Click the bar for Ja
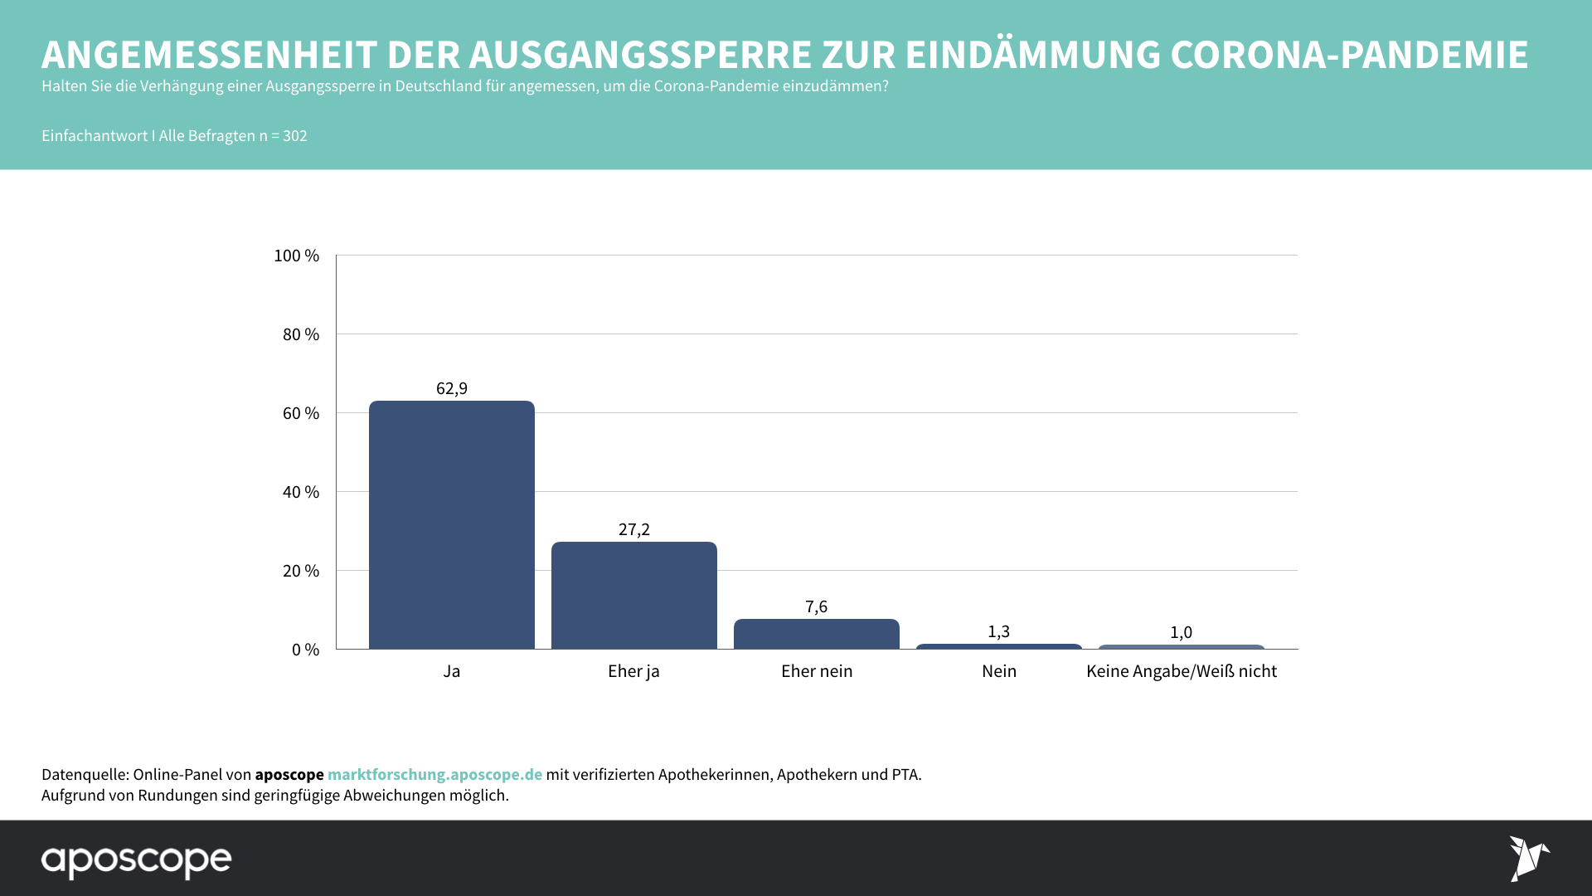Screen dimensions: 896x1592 tap(451, 524)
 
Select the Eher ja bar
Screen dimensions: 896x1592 tap(633, 595)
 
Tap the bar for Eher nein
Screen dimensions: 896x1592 tap(816, 634)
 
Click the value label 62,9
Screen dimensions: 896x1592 tap(452, 388)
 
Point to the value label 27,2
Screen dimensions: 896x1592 tap(634, 529)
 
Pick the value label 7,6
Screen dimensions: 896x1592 tap(816, 606)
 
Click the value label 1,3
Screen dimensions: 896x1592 tap(998, 631)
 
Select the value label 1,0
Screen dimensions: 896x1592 tap(1181, 632)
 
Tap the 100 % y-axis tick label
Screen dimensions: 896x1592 tap(296, 256)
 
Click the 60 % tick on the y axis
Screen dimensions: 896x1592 tap(300, 413)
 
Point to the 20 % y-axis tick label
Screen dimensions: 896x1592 tap(300, 571)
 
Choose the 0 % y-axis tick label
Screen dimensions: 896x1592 tap(305, 650)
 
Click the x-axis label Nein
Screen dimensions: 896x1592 tap(998, 671)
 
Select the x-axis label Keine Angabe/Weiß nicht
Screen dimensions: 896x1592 tap(1181, 671)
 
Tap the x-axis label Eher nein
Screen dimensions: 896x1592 tap(816, 671)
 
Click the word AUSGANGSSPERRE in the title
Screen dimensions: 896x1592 tap(640, 55)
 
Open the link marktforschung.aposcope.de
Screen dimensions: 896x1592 tap(434, 774)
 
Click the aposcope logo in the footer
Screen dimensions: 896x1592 tap(137, 860)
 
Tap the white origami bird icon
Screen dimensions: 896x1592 tap(1527, 858)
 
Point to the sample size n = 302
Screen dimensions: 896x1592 tap(283, 135)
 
